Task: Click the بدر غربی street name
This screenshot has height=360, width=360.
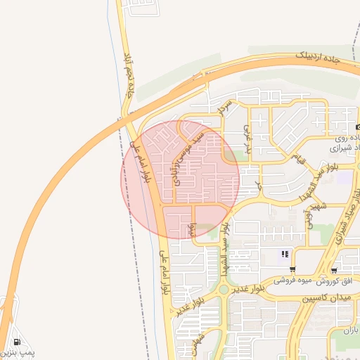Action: (247, 136)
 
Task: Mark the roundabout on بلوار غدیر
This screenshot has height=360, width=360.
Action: (224, 288)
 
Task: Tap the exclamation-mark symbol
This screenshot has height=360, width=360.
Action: (285, 254)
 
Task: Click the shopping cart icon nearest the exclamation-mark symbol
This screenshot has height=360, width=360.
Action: (292, 269)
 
